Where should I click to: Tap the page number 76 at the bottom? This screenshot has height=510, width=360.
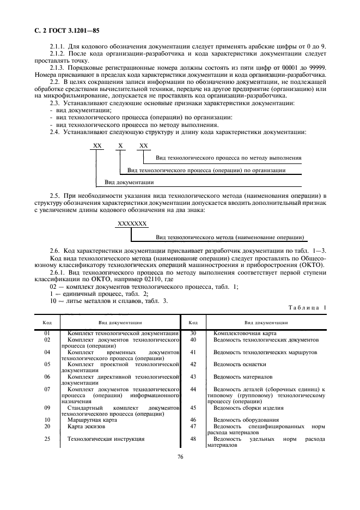click(180, 457)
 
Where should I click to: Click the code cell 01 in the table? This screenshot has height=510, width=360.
click(47, 332)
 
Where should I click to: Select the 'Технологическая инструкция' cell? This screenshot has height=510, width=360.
click(105, 439)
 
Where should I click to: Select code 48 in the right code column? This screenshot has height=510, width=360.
click(193, 439)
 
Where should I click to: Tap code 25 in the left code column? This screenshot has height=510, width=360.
click(47, 439)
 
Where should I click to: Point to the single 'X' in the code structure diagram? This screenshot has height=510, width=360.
click(121, 145)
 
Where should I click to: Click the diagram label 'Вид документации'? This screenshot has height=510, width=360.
click(129, 182)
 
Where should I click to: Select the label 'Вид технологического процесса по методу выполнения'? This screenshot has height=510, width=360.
click(228, 158)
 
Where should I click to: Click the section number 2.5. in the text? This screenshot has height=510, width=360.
click(55, 195)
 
